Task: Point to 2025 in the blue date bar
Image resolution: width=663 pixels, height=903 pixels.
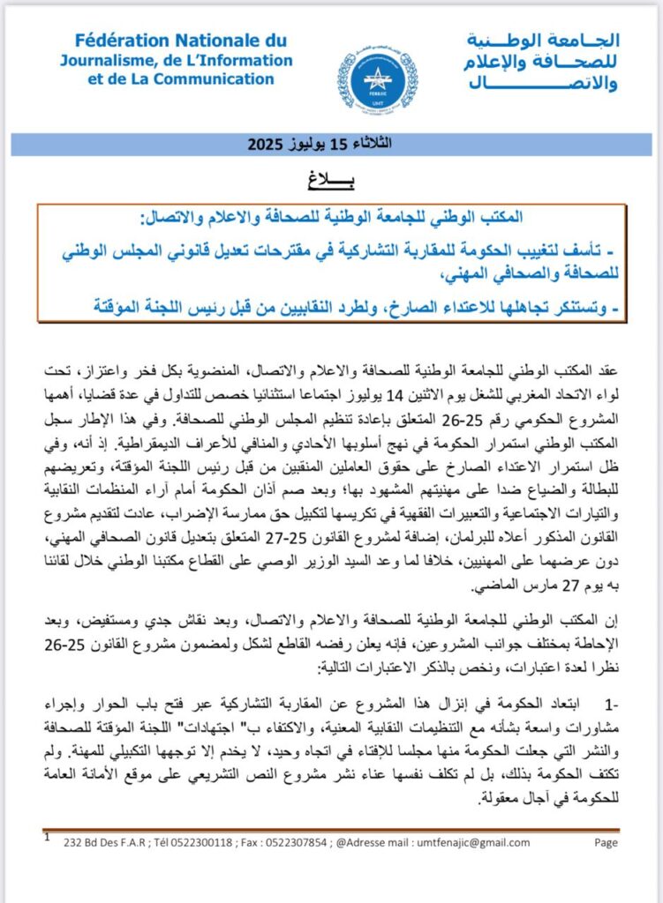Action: pos(263,143)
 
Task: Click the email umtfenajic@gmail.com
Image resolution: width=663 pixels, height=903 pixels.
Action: pos(503,843)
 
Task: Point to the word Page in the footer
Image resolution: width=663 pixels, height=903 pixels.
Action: pos(606,843)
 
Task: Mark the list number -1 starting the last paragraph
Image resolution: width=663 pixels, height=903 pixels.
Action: pos(606,704)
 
